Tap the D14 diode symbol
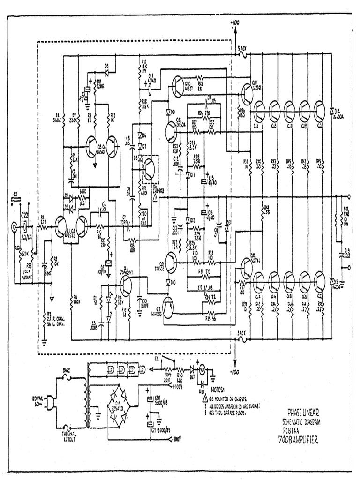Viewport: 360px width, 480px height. pyautogui.click(x=332, y=111)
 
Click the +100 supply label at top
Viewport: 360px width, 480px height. pyautogui.click(x=234, y=22)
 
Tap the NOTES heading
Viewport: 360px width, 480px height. pyautogui.click(x=218, y=389)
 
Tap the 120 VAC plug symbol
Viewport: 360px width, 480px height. pyautogui.click(x=51, y=402)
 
